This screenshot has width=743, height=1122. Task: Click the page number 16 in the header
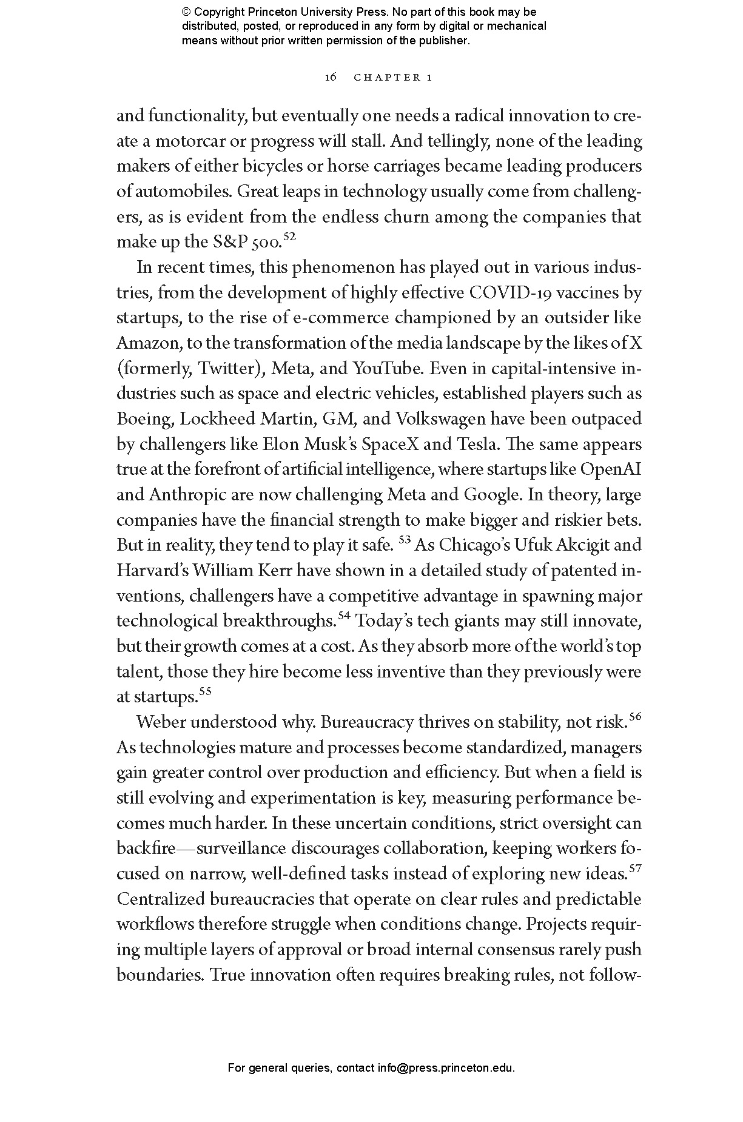[331, 77]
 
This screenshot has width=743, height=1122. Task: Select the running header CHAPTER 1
[392, 77]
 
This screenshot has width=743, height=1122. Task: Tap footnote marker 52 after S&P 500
[289, 237]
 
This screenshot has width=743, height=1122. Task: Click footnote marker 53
[405, 540]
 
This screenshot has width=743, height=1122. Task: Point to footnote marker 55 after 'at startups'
[205, 691]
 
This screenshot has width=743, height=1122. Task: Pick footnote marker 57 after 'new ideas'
[635, 868]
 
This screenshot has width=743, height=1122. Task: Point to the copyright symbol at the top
[186, 12]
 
